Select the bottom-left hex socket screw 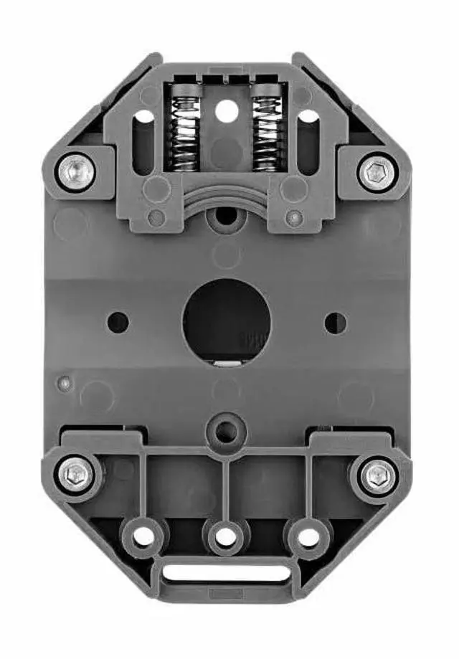point(75,475)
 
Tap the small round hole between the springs point(226,110)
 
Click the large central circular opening point(227,321)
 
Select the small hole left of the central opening point(118,322)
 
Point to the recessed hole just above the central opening point(227,214)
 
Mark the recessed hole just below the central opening point(227,431)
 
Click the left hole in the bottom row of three point(144,536)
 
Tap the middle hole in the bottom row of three point(227,536)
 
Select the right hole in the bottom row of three point(308,536)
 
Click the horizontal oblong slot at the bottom point(227,574)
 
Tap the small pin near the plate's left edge point(65,383)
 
